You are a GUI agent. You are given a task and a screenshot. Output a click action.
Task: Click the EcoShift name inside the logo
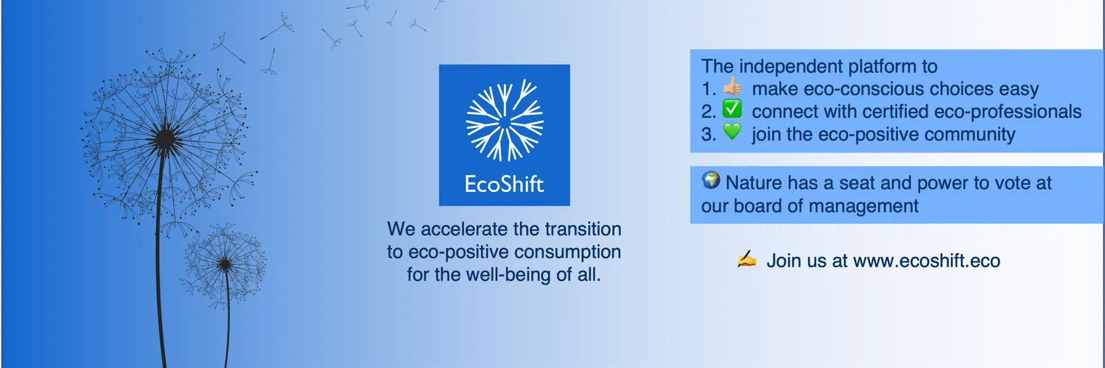click(x=504, y=184)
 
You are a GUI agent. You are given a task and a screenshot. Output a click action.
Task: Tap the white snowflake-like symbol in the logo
click(x=505, y=120)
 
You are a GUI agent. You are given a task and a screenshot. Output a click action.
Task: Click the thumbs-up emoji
click(x=732, y=86)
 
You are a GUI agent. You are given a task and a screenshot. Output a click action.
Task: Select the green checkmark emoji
click(x=732, y=109)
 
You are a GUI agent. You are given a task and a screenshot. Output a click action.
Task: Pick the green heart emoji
click(x=732, y=132)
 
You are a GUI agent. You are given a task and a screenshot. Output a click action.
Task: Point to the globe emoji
click(x=711, y=180)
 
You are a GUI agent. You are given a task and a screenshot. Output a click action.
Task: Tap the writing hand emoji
click(x=747, y=258)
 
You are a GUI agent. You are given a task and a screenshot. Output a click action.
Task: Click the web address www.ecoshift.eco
click(x=927, y=261)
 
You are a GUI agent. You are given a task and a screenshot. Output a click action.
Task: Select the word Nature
click(x=754, y=183)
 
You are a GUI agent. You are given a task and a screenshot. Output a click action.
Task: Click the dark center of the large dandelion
click(x=164, y=139)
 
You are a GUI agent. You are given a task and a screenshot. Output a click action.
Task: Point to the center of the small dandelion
click(x=225, y=264)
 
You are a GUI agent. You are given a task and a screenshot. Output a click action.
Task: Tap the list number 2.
click(x=709, y=112)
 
